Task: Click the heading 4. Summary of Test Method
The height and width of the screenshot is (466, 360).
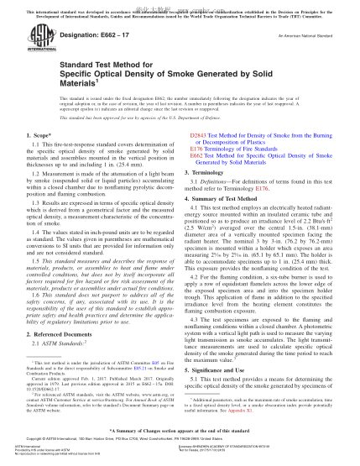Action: [x=229, y=196]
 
